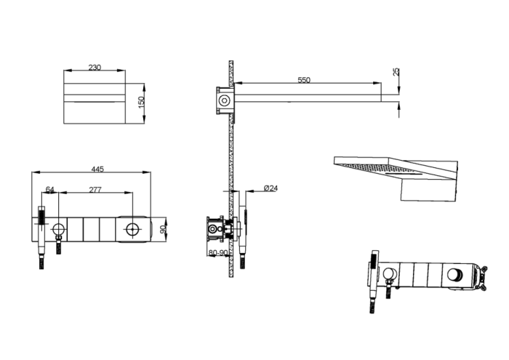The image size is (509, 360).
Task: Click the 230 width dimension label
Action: pos(95,68)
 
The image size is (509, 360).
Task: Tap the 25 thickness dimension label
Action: pos(396,72)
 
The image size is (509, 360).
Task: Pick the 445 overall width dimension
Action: pos(97,169)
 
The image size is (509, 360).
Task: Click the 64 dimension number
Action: pos(50,190)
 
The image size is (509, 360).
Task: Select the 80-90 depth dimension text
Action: pos(217,253)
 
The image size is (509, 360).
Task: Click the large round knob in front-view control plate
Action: pos(132,231)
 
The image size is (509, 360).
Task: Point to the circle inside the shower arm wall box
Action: pos(225,100)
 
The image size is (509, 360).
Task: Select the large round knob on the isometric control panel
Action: pos(457,275)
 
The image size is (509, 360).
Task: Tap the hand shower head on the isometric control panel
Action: pos(374,263)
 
